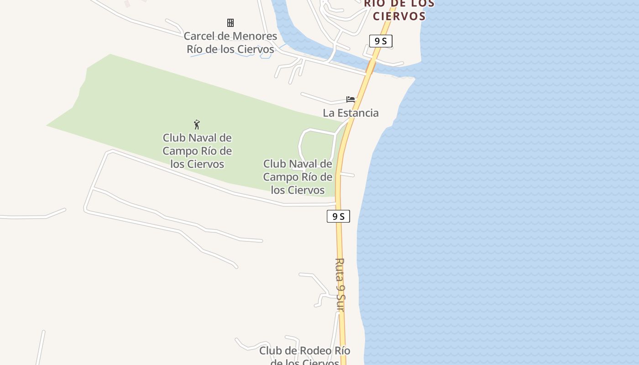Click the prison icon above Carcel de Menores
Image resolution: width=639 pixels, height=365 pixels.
[x=230, y=23]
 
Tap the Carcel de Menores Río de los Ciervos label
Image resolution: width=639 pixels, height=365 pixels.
[x=230, y=42]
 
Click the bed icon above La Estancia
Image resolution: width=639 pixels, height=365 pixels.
[x=351, y=99]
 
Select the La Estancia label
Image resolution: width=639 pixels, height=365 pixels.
[x=351, y=113]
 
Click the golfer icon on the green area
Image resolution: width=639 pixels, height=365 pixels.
[x=197, y=124]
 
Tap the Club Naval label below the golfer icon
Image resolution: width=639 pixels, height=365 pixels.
[x=197, y=151]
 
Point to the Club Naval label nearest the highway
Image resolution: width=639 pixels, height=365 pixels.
[x=298, y=177]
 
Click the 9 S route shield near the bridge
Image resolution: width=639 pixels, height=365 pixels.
[x=381, y=41]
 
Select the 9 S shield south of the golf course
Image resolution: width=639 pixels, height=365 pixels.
[x=338, y=216]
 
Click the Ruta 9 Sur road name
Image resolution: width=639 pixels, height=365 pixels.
[x=340, y=285]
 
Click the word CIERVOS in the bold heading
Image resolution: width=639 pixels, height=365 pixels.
[x=399, y=16]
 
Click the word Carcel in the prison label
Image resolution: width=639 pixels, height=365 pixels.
[x=201, y=36]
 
